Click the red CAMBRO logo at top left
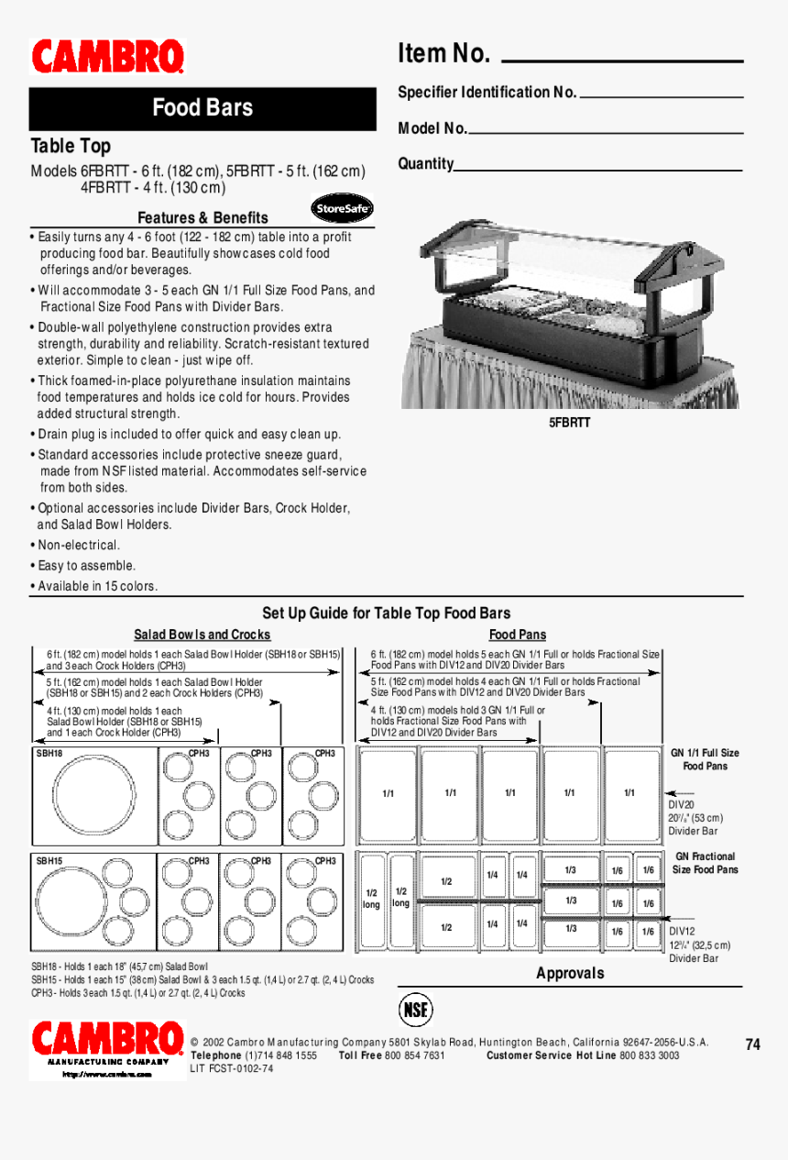[108, 57]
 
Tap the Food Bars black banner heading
[202, 108]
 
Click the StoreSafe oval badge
[342, 209]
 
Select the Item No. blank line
[622, 61]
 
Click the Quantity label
[425, 164]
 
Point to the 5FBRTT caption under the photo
[570, 423]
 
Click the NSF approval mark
[416, 1010]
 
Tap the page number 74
[752, 1044]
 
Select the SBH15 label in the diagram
[49, 861]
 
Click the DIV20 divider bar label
[681, 804]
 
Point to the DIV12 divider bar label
[683, 931]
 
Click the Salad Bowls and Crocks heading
[202, 635]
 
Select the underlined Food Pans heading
[517, 635]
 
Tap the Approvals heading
[570, 973]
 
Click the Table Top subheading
[71, 147]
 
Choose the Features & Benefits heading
[202, 217]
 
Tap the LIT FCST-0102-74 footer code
[232, 1068]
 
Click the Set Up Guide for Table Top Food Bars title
[386, 613]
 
